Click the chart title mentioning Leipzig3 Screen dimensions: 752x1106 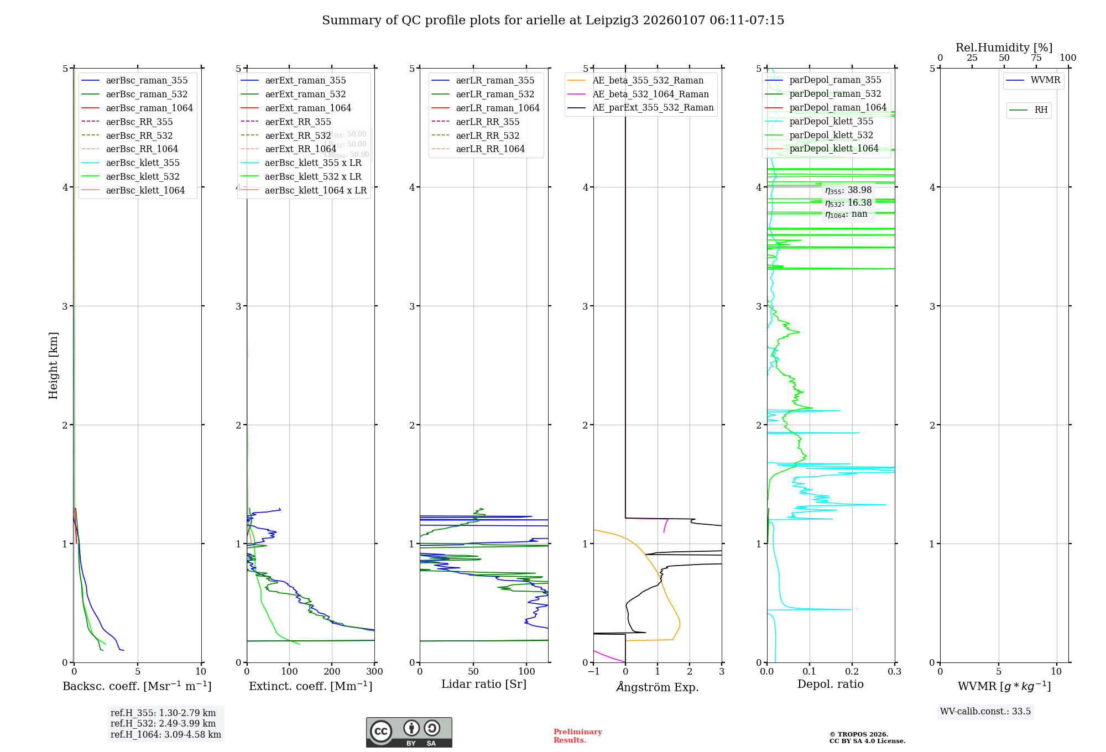553,20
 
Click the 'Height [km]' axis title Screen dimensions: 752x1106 53,365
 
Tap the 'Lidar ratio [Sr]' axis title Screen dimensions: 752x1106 484,684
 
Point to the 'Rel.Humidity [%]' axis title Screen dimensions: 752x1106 1004,48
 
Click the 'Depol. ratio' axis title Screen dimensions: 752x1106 830,684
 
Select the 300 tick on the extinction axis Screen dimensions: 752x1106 374,671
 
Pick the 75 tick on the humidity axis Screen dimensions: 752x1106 1036,58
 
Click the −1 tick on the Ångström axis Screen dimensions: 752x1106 593,671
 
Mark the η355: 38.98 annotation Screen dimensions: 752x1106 848,190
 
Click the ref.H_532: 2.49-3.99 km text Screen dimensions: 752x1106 163,723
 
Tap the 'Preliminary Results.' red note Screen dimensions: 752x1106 577,735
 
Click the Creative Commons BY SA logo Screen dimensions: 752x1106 409,732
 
